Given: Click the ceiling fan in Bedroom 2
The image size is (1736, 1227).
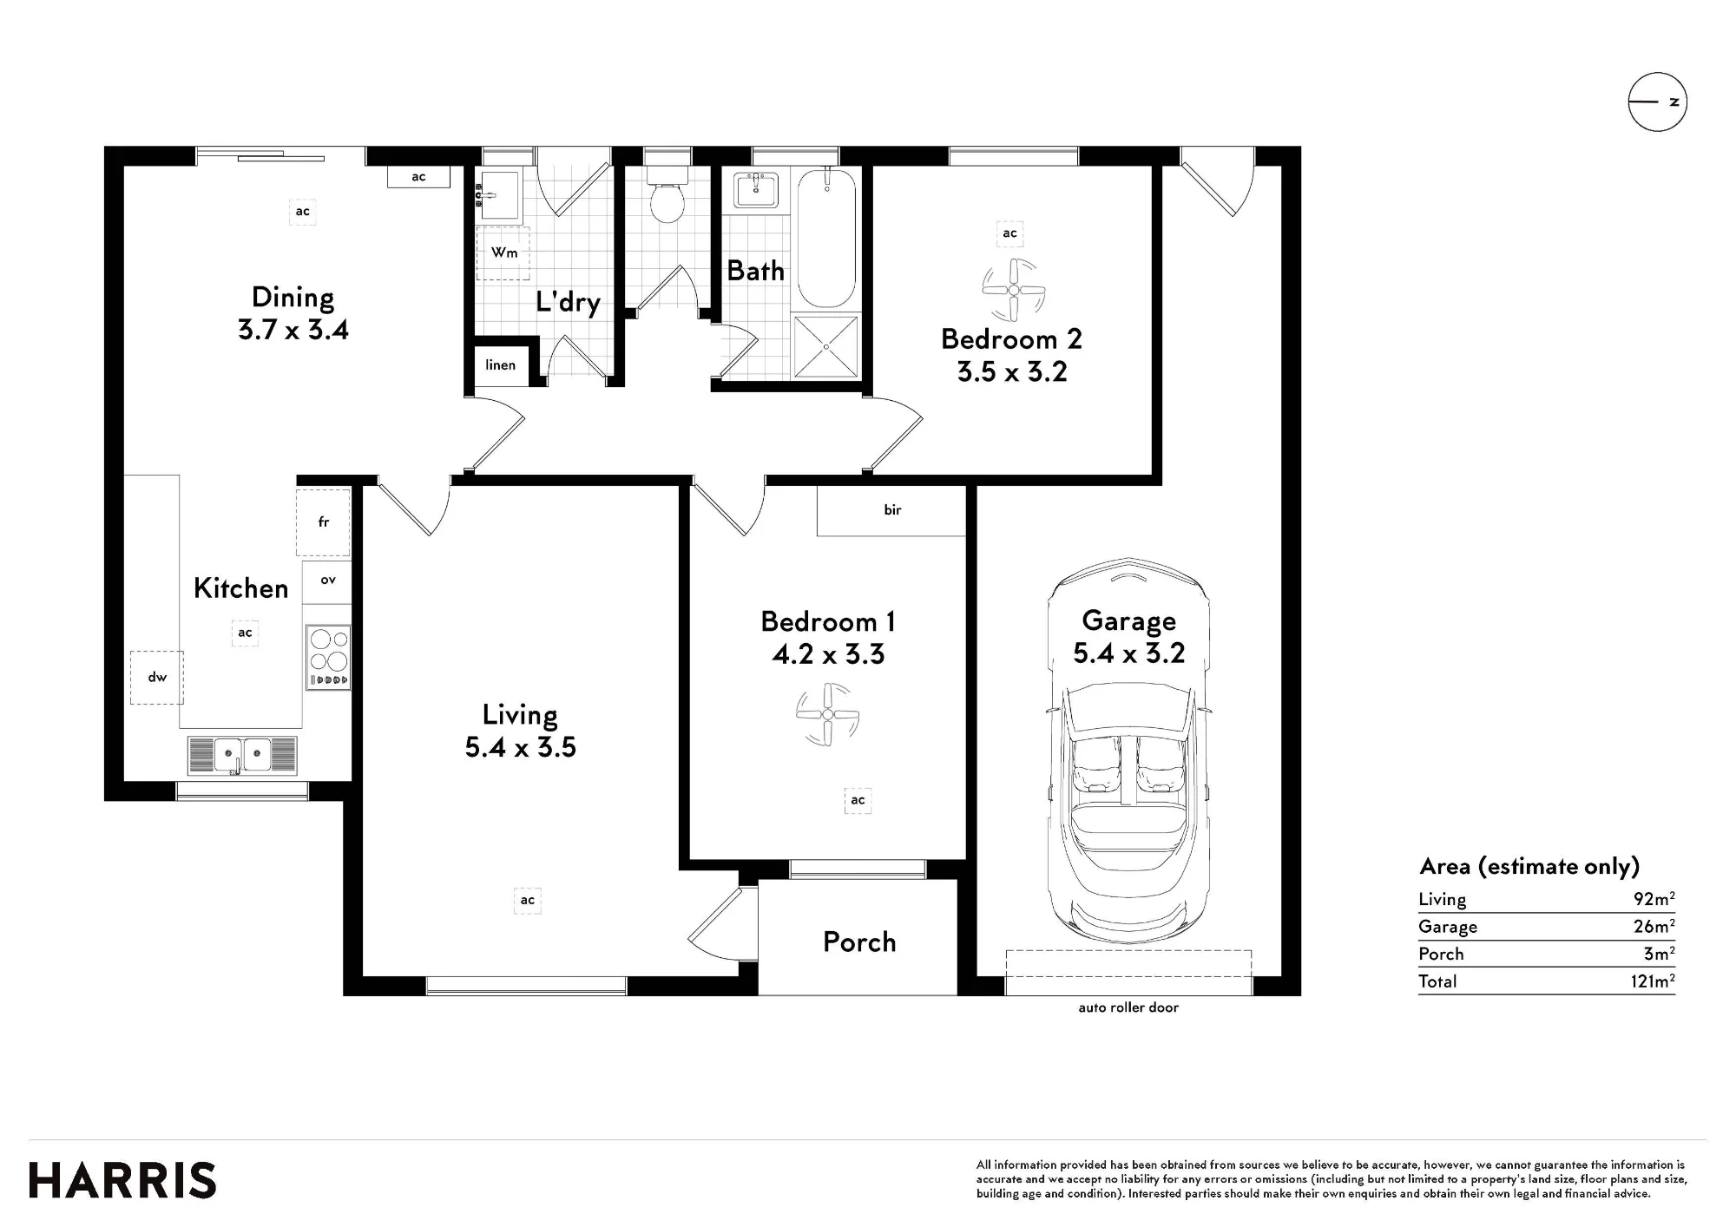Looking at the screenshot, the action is tap(1013, 290).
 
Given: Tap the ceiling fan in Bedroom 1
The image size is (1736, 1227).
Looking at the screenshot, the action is tap(827, 714).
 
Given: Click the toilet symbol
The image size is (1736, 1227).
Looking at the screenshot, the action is tap(667, 197).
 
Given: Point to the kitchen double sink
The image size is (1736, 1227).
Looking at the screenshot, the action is tap(242, 755).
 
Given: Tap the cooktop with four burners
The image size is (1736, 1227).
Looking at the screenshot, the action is tap(328, 658).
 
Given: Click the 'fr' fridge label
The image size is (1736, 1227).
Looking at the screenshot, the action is tap(324, 522).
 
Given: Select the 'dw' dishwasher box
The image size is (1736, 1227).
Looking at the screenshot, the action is tap(157, 677).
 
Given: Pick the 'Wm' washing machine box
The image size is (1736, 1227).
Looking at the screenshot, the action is tap(503, 253).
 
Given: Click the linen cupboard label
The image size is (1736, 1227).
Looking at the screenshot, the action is tap(500, 364).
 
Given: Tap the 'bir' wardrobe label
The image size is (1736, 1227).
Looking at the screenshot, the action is tap(892, 510).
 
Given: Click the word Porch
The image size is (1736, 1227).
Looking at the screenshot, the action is tap(859, 942).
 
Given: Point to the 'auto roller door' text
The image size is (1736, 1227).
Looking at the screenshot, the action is tap(1128, 1007).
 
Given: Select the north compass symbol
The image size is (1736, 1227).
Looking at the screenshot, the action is tap(1657, 102).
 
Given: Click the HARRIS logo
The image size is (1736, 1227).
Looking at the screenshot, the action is tap(122, 1181).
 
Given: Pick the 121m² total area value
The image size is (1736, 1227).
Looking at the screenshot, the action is tap(1654, 981).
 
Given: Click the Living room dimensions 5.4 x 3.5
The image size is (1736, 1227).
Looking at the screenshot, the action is tap(520, 747).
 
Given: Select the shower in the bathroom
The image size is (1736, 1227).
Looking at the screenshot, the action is tap(825, 347).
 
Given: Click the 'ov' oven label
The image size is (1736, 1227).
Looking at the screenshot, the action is tap(328, 580).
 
